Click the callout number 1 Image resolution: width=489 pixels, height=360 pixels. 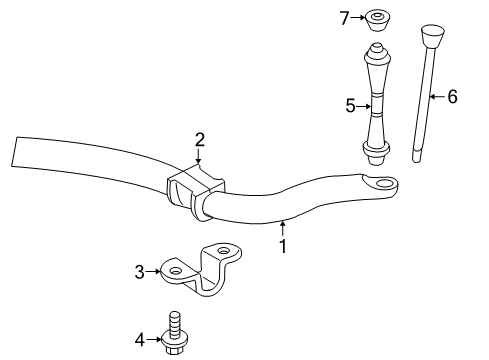point(283,245)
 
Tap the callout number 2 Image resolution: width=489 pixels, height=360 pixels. point(199,139)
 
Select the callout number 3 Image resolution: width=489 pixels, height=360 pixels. point(141,269)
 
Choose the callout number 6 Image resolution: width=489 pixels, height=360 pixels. point(452,96)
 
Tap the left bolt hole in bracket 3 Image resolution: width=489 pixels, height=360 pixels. point(175,269)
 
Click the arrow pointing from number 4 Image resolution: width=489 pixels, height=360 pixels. point(158,340)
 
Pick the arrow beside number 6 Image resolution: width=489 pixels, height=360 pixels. point(437,96)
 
